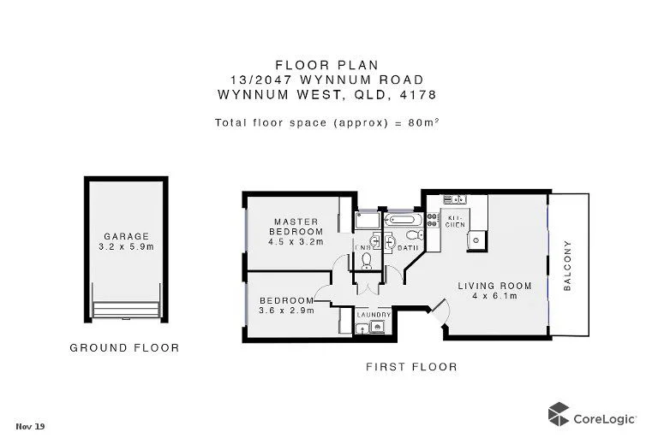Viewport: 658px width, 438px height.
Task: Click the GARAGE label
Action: pyautogui.click(x=127, y=237)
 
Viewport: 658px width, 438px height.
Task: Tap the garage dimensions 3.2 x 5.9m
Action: pyautogui.click(x=127, y=247)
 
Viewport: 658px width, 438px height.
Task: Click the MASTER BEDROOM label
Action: pyautogui.click(x=296, y=225)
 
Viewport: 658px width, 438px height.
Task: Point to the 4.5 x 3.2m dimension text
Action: pyautogui.click(x=296, y=241)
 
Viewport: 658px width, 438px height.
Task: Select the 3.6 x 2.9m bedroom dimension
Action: pyautogui.click(x=287, y=311)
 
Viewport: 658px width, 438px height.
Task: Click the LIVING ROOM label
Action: pyautogui.click(x=494, y=286)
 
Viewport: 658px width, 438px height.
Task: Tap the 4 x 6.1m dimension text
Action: pyautogui.click(x=494, y=296)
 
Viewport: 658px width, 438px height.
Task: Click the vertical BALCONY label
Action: pyautogui.click(x=567, y=266)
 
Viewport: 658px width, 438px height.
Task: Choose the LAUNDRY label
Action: pyautogui.click(x=374, y=315)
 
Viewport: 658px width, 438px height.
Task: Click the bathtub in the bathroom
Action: pyautogui.click(x=401, y=221)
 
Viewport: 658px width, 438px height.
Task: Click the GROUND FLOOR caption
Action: pyautogui.click(x=124, y=348)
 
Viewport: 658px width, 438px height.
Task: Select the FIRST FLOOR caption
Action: pyautogui.click(x=411, y=367)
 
